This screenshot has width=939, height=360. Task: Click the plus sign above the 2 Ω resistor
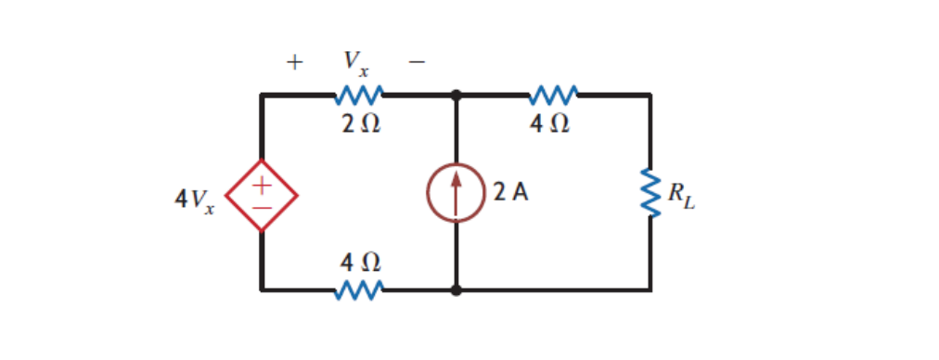point(294,63)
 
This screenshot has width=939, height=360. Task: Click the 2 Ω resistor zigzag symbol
point(358,95)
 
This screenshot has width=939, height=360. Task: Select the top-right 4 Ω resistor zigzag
point(554,95)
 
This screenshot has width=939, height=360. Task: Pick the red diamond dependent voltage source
point(262,196)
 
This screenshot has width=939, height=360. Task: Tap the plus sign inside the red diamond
point(263,185)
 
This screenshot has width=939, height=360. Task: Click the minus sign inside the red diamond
point(263,208)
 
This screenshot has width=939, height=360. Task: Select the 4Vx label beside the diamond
point(193,199)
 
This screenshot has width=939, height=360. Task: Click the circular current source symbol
point(456,193)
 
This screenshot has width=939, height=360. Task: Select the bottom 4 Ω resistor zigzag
point(358,290)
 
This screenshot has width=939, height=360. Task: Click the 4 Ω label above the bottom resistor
point(358,263)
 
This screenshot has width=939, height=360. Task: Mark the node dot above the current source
point(456,95)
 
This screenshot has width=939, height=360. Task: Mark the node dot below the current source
point(456,290)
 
